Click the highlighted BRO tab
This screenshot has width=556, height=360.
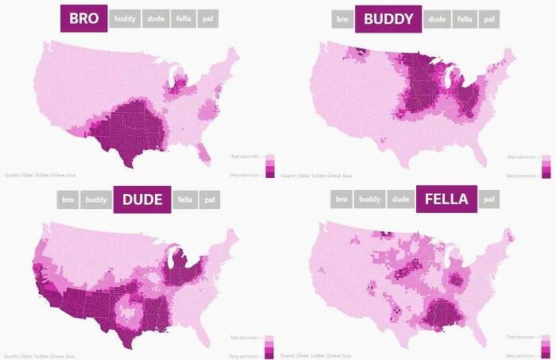coord(84,18)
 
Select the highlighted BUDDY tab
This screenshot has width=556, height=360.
coord(388,18)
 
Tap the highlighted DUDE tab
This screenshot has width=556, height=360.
coord(142,199)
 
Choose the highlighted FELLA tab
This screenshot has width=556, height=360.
coord(446,199)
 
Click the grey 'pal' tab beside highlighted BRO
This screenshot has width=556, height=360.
coord(209,18)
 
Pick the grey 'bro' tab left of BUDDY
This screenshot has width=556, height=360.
coord(342,18)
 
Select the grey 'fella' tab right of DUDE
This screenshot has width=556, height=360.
coord(184,199)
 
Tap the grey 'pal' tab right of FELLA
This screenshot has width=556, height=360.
coord(488,199)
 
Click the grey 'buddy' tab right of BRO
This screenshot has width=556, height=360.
coord(125,18)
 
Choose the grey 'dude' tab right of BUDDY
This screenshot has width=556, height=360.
coord(436,18)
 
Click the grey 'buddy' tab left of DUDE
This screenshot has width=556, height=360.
coord(96,199)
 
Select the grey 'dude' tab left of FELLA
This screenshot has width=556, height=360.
coord(401,199)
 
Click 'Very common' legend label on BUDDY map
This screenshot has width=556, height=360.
coord(519,175)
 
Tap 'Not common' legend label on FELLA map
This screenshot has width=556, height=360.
coord(519,338)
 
